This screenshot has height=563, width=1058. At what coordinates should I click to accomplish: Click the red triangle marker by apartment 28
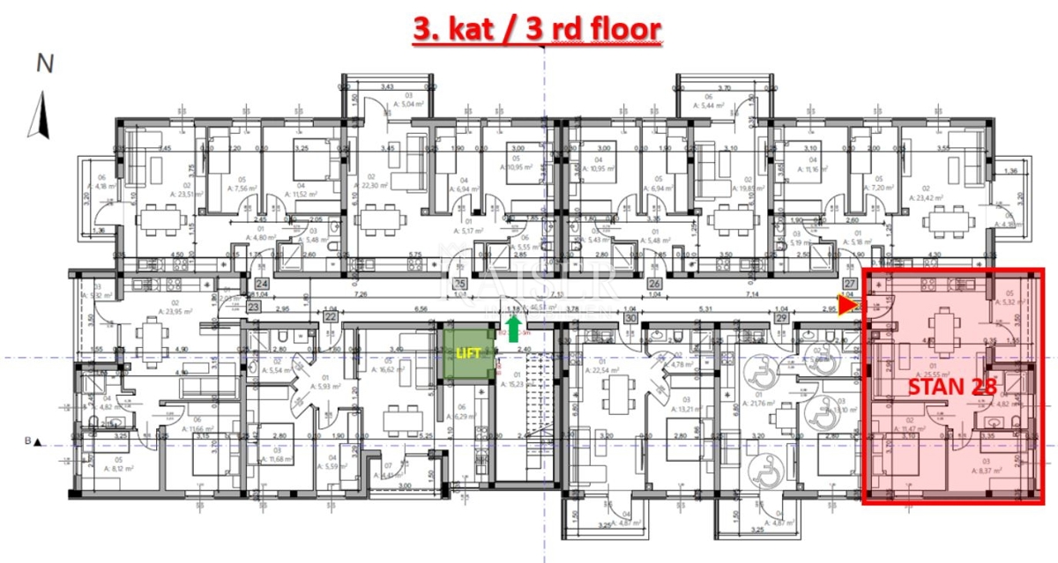(848, 306)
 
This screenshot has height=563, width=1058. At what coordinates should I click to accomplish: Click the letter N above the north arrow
(44, 63)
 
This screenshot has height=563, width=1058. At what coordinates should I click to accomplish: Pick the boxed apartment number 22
(330, 316)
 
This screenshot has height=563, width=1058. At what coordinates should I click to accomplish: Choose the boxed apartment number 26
(654, 285)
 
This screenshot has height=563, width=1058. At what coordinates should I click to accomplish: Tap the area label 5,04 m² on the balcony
(388, 103)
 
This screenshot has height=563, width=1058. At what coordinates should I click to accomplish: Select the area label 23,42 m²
(950, 197)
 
